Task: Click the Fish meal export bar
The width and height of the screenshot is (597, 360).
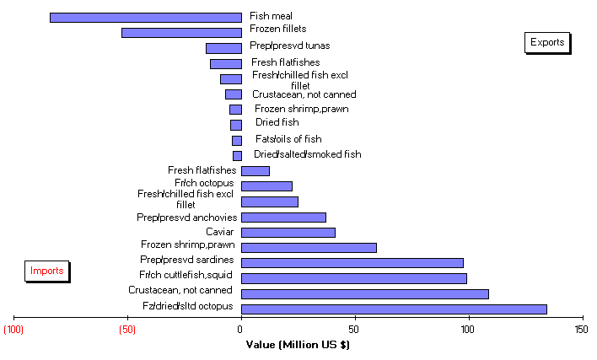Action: pyautogui.click(x=145, y=17)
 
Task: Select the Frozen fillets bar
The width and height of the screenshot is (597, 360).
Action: pyautogui.click(x=181, y=32)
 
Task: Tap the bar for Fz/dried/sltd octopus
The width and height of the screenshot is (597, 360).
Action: pyautogui.click(x=394, y=309)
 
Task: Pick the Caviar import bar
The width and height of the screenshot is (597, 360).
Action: pyautogui.click(x=288, y=233)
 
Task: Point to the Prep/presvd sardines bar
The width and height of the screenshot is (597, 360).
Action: pyautogui.click(x=352, y=263)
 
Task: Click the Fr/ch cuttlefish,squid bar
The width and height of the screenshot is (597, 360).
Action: pyautogui.click(x=354, y=278)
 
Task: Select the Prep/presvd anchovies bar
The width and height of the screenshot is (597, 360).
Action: pyautogui.click(x=283, y=218)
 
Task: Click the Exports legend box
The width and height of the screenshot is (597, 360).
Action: pyautogui.click(x=547, y=41)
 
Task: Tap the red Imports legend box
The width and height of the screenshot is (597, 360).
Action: pyautogui.click(x=46, y=271)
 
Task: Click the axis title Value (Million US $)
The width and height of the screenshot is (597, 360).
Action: pyautogui.click(x=298, y=344)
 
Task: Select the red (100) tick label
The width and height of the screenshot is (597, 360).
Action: pyautogui.click(x=13, y=329)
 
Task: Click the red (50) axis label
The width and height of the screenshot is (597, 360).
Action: pyautogui.click(x=127, y=329)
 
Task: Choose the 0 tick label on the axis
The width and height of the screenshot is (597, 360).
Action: pyautogui.click(x=240, y=329)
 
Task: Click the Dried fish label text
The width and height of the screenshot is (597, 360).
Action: pyautogui.click(x=277, y=123)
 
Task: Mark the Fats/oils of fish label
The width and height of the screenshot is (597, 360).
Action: pyautogui.click(x=288, y=139)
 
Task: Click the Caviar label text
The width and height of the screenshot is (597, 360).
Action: pyautogui.click(x=221, y=232)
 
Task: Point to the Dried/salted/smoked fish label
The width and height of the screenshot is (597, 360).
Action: pyautogui.click(x=307, y=154)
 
